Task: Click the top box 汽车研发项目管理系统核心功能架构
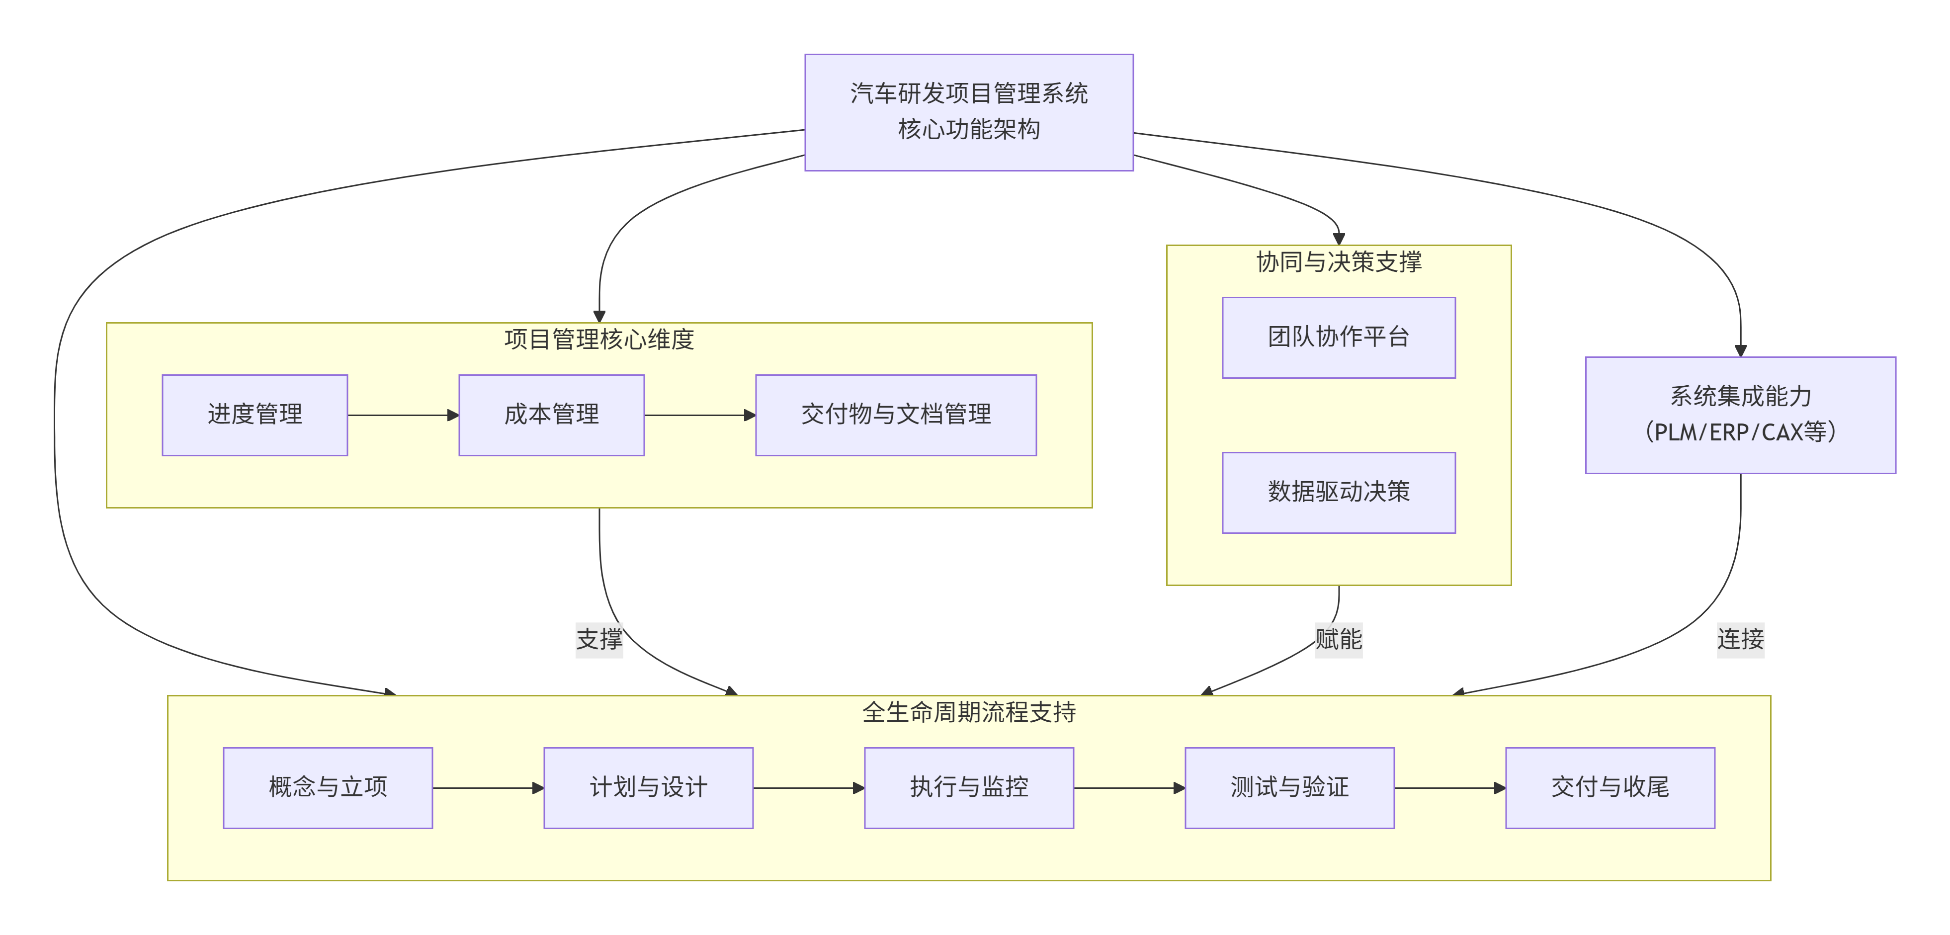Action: [968, 112]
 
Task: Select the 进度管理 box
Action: [254, 415]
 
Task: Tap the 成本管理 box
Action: [551, 415]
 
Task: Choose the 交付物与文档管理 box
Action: [896, 415]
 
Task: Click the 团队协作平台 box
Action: [1338, 337]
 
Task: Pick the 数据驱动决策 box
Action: [1338, 492]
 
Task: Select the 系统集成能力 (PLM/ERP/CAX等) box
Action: [1740, 415]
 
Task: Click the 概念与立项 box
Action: [328, 787]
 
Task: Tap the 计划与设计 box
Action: [648, 787]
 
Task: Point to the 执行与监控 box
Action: [968, 787]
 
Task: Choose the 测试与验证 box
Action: [1289, 787]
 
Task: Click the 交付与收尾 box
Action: [1610, 787]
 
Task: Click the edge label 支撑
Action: [599, 639]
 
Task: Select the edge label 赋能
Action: [1338, 639]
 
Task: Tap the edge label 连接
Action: [1740, 639]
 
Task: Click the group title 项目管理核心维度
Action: [599, 339]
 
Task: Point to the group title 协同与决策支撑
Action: [1338, 262]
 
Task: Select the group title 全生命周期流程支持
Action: [968, 712]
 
